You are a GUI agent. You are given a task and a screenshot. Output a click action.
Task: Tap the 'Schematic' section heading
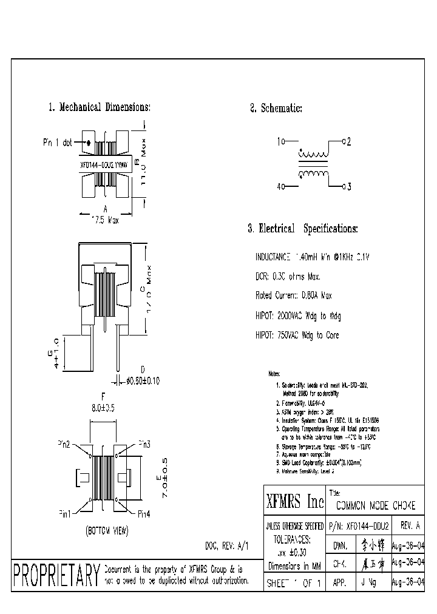tap(280, 109)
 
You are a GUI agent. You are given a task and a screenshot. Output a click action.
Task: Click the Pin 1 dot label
tap(58, 143)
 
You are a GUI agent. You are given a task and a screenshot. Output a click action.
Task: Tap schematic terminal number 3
tap(348, 187)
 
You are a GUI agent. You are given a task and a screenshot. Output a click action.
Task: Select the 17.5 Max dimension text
tap(104, 221)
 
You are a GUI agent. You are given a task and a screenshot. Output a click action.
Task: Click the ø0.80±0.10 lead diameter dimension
tap(143, 381)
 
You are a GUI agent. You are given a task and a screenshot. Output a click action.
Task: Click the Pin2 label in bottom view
tap(64, 445)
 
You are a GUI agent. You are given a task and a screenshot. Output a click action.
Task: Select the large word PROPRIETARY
tap(56, 575)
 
